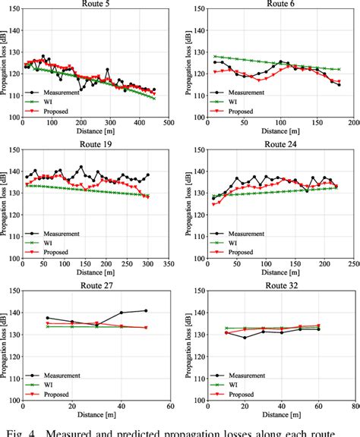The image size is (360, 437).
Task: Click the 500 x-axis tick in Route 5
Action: [x=168, y=123]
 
